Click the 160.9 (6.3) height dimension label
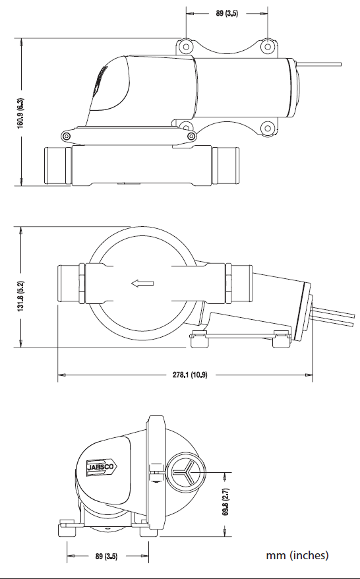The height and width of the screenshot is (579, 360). pos(20,113)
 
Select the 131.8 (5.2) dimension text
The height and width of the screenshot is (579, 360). pos(20,296)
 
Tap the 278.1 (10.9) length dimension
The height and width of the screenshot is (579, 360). pos(190,375)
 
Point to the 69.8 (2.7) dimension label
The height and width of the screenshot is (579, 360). pos(226,502)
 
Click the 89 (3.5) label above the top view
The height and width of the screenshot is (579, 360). pos(227,13)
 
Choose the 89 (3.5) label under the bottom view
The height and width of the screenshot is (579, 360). pos(106,556)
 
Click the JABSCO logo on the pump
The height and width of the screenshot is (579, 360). pos(102,467)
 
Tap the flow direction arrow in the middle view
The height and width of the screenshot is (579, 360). pos(142,284)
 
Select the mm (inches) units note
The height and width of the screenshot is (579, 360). pos(297,555)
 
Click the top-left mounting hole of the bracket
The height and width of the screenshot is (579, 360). pos(186,47)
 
